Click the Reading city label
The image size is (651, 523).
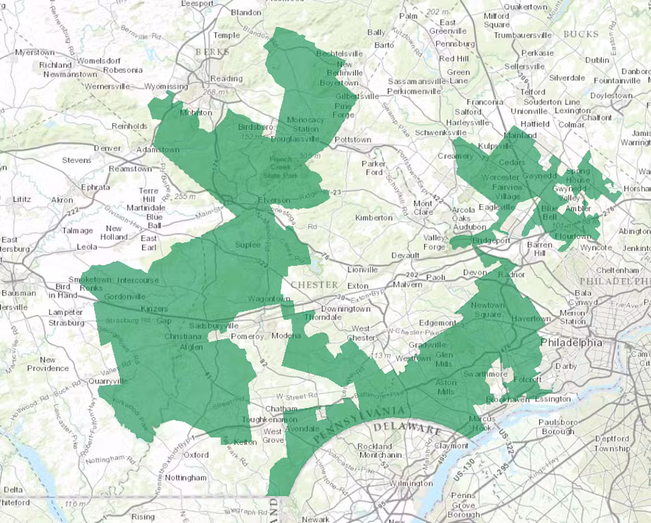(x=226, y=78)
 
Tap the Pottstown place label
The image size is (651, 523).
(x=353, y=139)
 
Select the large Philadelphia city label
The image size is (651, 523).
(x=571, y=342)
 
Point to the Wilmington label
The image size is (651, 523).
(x=411, y=483)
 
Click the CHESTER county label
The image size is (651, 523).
(x=315, y=284)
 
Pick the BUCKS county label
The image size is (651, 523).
(x=581, y=34)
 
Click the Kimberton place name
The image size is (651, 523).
(x=374, y=218)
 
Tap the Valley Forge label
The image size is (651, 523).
(x=434, y=242)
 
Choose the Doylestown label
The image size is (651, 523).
(x=611, y=95)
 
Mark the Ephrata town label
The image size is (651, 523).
(x=95, y=187)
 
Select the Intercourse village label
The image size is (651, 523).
(x=138, y=280)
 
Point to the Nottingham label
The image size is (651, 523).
(x=186, y=478)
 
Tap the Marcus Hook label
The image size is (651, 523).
(x=482, y=423)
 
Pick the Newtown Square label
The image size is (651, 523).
(x=487, y=310)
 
